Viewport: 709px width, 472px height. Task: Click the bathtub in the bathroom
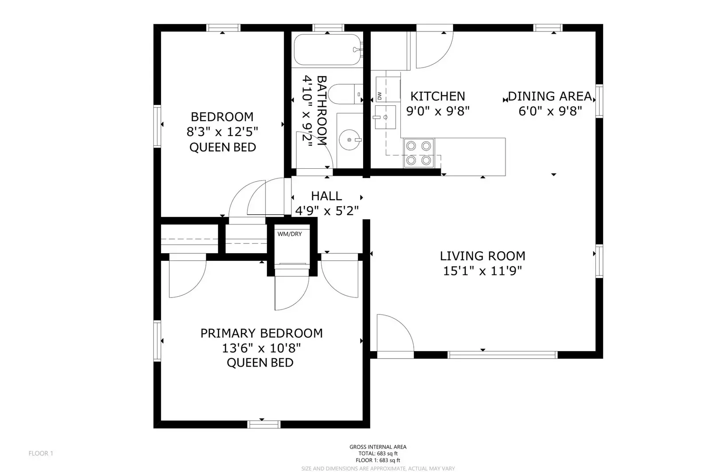click(x=328, y=50)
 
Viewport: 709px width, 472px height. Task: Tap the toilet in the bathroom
click(x=345, y=94)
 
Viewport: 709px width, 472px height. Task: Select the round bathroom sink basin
click(x=350, y=140)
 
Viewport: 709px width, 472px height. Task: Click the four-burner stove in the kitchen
click(x=419, y=153)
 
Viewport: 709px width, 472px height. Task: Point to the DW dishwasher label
click(x=379, y=95)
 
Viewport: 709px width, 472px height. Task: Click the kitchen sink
click(x=385, y=117)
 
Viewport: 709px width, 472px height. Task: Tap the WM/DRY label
click(x=290, y=234)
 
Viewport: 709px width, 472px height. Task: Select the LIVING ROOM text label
click(x=482, y=256)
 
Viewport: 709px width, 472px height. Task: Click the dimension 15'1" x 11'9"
click(x=482, y=271)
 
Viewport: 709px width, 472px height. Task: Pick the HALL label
click(x=326, y=196)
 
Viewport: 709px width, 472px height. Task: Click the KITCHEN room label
click(x=438, y=96)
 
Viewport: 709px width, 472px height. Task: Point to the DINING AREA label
click(x=550, y=96)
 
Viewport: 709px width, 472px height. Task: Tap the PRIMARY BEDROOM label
click(x=262, y=333)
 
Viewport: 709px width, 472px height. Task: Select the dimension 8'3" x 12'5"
click(x=222, y=132)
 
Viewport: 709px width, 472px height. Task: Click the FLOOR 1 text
click(x=41, y=453)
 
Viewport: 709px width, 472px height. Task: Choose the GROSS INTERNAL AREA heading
click(x=378, y=447)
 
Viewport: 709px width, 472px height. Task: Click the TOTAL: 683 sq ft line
click(x=378, y=454)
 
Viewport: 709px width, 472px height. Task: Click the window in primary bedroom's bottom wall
click(x=264, y=424)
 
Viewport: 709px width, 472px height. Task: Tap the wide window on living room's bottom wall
click(x=502, y=355)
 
